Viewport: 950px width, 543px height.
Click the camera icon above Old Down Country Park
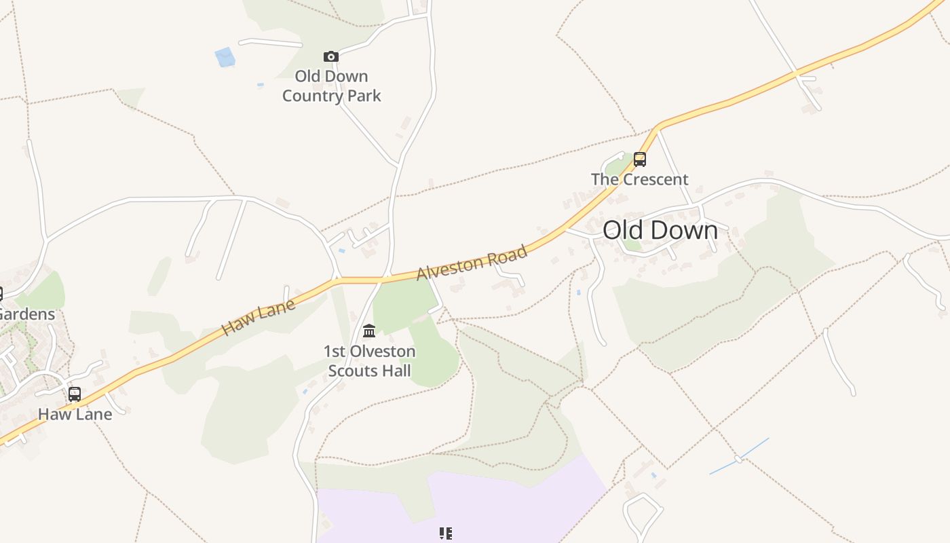pyautogui.click(x=331, y=56)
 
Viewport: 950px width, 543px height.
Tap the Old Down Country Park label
pyautogui.click(x=331, y=86)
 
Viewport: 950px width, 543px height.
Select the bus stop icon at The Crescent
pyautogui.click(x=639, y=160)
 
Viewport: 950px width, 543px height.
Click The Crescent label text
pyautogui.click(x=639, y=180)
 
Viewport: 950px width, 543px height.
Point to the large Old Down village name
pyautogui.click(x=660, y=230)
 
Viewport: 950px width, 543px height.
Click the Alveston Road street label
pyautogui.click(x=472, y=263)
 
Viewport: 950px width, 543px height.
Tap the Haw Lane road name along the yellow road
pyautogui.click(x=259, y=318)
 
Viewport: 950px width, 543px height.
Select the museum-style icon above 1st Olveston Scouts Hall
pyautogui.click(x=369, y=331)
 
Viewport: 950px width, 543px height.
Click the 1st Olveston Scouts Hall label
pyautogui.click(x=369, y=361)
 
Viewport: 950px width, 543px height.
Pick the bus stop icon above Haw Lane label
pyautogui.click(x=75, y=394)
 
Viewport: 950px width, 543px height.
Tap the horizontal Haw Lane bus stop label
pyautogui.click(x=75, y=414)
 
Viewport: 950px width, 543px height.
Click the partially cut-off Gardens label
pyautogui.click(x=27, y=314)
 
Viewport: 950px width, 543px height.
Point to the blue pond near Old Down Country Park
pyautogui.click(x=225, y=57)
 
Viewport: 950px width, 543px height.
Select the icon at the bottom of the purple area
pyautogui.click(x=445, y=533)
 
